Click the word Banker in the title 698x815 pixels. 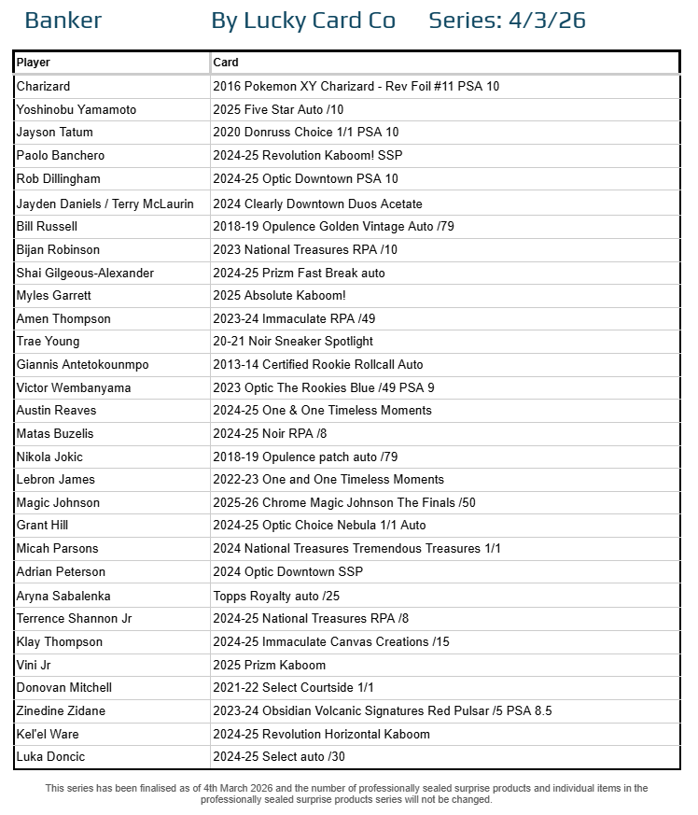pos(63,21)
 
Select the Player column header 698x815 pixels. pos(34,63)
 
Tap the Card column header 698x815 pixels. pos(226,63)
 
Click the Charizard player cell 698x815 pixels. pos(43,86)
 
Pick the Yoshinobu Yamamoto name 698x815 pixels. pos(77,109)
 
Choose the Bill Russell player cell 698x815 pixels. pos(47,226)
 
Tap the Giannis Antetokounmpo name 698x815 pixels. pos(82,364)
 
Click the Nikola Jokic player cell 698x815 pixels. pos(49,457)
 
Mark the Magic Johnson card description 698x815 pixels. pos(344,502)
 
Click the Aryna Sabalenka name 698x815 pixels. pos(63,595)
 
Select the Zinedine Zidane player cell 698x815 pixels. pos(61,710)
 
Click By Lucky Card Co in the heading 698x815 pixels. pos(303,21)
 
